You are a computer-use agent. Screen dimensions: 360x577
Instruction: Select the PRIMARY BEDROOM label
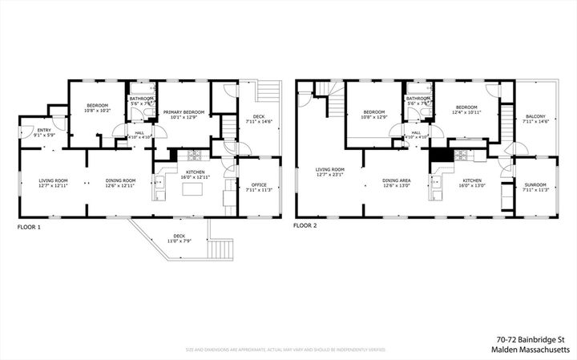coord(184,112)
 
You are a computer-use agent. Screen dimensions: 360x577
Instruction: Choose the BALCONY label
coord(535,116)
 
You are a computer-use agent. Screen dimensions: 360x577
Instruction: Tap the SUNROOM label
coord(535,184)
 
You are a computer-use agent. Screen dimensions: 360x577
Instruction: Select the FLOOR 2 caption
coord(305,227)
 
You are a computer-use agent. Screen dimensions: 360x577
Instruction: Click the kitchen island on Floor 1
coord(192,191)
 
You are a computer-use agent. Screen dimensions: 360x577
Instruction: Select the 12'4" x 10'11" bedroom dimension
coord(466,112)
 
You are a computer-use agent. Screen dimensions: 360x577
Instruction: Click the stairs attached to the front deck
coord(217,249)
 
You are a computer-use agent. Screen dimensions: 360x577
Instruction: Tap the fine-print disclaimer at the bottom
coord(285,350)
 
